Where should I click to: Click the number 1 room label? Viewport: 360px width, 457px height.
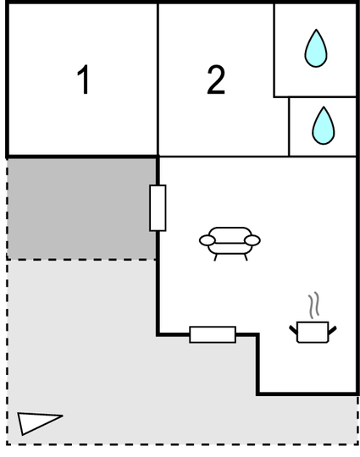pyautogui.click(x=84, y=80)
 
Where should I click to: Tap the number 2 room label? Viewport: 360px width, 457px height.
pyautogui.click(x=216, y=80)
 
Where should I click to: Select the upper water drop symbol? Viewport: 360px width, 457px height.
pyautogui.click(x=316, y=48)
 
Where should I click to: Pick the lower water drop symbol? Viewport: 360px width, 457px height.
pyautogui.click(x=324, y=125)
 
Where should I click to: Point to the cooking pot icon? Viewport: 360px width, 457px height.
pyautogui.click(x=313, y=332)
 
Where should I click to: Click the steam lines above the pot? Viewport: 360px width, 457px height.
pyautogui.click(x=313, y=306)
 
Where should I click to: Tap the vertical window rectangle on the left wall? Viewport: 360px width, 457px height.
pyautogui.click(x=158, y=208)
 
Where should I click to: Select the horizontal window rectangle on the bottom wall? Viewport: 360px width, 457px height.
pyautogui.click(x=213, y=334)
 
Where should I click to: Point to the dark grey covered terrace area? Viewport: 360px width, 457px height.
pyautogui.click(x=81, y=209)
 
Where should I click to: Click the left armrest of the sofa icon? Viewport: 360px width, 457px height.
pyautogui.click(x=208, y=240)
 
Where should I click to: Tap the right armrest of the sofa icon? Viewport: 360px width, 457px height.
pyautogui.click(x=252, y=240)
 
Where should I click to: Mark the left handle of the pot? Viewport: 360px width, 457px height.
pyautogui.click(x=293, y=330)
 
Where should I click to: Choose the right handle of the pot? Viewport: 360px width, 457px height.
pyautogui.click(x=333, y=330)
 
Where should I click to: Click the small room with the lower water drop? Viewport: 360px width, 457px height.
pyautogui.click(x=323, y=127)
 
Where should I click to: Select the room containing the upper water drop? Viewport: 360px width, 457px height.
pyautogui.click(x=315, y=50)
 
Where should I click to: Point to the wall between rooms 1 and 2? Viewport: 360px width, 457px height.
pyautogui.click(x=158, y=80)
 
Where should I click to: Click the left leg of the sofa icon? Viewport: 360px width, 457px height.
pyautogui.click(x=216, y=257)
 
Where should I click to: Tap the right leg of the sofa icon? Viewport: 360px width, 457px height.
pyautogui.click(x=246, y=257)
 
